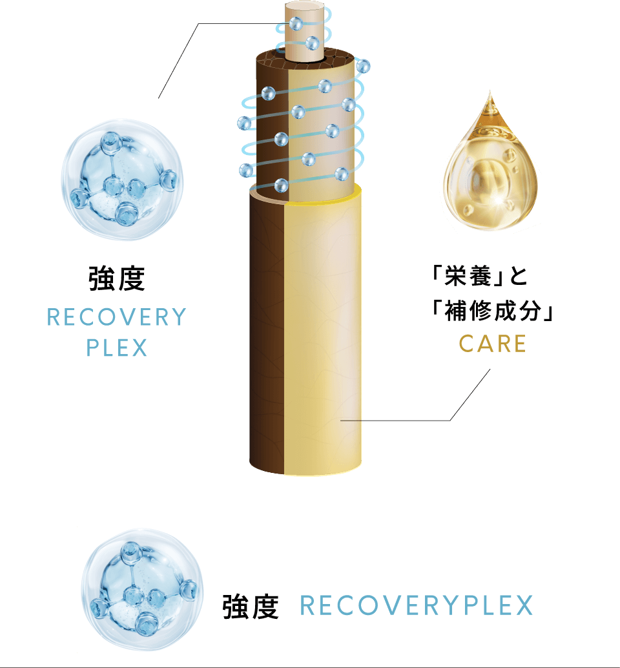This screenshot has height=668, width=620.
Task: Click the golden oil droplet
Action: pos(490,171)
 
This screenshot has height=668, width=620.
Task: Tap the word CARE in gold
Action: pos(493,344)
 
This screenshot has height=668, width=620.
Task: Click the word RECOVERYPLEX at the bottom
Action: pos(417,605)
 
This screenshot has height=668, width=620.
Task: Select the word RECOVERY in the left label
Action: pos(117,317)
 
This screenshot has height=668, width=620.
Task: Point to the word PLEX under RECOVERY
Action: pos(117,347)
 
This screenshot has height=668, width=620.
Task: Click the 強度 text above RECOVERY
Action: pos(117,278)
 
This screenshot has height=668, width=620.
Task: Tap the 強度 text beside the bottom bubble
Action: pos(251,607)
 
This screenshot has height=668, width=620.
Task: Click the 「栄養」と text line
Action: pos(479,276)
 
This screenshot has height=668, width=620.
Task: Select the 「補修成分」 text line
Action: pos(492,310)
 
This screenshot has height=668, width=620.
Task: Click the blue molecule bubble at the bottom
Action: pos(141,590)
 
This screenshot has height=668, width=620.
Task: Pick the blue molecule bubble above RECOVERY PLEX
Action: pos(122,180)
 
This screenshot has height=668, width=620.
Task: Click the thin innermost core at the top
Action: pos(305,30)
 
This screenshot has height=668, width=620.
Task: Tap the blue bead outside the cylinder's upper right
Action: pos(363,67)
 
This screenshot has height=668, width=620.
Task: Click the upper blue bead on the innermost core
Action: pos(296,23)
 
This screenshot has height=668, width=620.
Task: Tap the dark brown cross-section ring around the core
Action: pos(305,59)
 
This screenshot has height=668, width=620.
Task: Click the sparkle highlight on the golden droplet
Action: pos(497,205)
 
